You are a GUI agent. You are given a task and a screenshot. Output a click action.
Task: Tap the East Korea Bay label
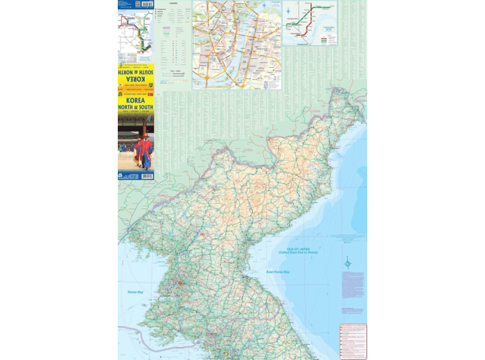pyautogui.click(x=278, y=272)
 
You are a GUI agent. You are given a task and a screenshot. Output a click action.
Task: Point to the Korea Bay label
pyautogui.click(x=135, y=293)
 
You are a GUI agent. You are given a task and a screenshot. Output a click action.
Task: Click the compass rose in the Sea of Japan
pyautogui.click(x=348, y=262)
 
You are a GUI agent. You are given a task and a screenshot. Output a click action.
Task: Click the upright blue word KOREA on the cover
pyautogui.click(x=136, y=100)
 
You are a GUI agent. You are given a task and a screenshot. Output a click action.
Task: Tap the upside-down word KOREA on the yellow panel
pyautogui.click(x=136, y=81)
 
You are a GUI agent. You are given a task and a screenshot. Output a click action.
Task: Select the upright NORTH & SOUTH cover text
pyautogui.click(x=136, y=109)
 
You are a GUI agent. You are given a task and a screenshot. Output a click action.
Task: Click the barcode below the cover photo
pyautogui.click(x=145, y=176)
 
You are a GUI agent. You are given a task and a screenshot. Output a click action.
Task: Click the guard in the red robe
pyautogui.click(x=144, y=152)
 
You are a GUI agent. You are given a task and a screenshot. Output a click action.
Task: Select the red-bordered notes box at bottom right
pyautogui.click(x=353, y=341)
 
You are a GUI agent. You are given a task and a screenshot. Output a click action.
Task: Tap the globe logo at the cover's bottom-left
pyautogui.click(x=121, y=176)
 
